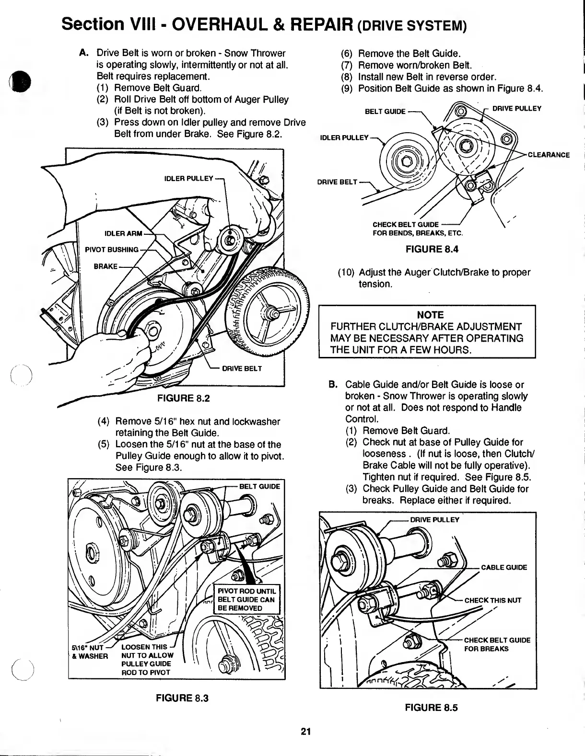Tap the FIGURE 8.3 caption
[x=182, y=698]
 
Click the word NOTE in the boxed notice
[x=430, y=315]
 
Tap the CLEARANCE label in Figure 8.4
[x=549, y=155]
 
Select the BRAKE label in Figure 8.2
[x=105, y=266]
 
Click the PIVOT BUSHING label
[x=112, y=250]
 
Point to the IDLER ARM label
[x=123, y=233]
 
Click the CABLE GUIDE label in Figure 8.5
[x=503, y=568]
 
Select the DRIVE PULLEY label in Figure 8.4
[x=517, y=108]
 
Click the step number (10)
[x=347, y=273]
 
